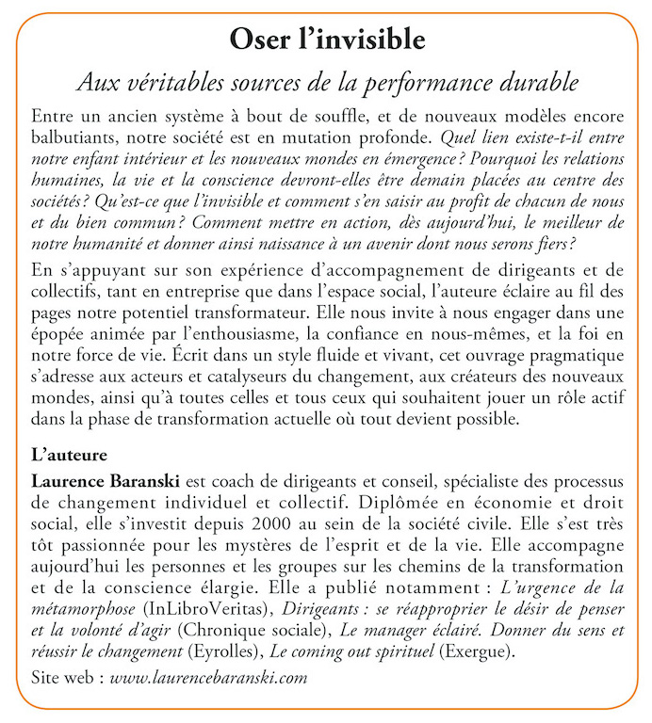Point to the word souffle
click(335, 118)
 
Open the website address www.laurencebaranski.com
click(209, 677)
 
